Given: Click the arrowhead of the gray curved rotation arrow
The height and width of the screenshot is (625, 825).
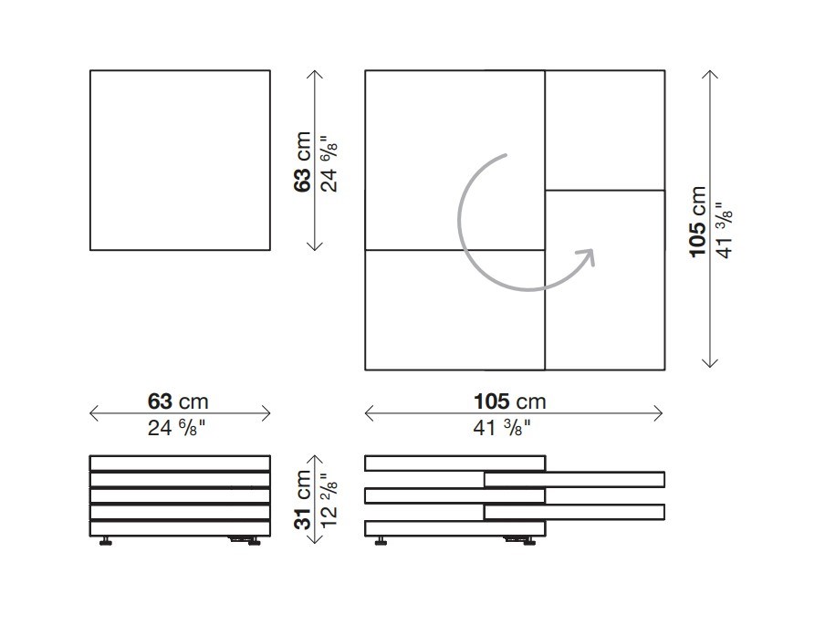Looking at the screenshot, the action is click(x=587, y=256).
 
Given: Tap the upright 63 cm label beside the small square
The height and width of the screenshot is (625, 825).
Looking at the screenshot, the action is click(x=303, y=162).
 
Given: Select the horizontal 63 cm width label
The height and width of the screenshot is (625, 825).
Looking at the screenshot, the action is click(x=178, y=401).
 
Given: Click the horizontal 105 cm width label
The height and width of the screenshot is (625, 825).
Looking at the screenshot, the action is click(x=510, y=401).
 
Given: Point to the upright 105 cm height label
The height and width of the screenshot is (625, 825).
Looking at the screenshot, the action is click(x=697, y=222).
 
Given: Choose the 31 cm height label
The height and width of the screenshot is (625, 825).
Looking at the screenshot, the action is click(x=304, y=499).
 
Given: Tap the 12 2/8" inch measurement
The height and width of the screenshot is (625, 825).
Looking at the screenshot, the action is click(x=329, y=500).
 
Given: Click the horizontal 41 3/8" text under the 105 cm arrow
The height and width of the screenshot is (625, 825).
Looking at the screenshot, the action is click(x=502, y=428).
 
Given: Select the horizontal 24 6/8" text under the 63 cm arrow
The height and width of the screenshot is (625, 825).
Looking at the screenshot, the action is click(x=176, y=428).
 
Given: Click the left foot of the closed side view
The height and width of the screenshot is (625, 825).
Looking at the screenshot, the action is click(x=106, y=541).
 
